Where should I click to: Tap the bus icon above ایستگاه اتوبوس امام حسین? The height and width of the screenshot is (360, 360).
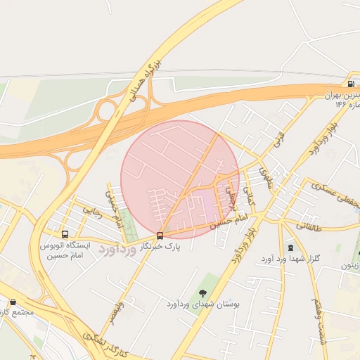pyautogui.click(x=65, y=234)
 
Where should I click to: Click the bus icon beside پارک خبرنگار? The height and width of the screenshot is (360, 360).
pyautogui.click(x=160, y=235)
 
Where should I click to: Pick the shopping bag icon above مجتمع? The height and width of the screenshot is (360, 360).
pyautogui.click(x=13, y=302)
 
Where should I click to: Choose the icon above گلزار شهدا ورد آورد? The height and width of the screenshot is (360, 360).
pyautogui.click(x=290, y=247)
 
